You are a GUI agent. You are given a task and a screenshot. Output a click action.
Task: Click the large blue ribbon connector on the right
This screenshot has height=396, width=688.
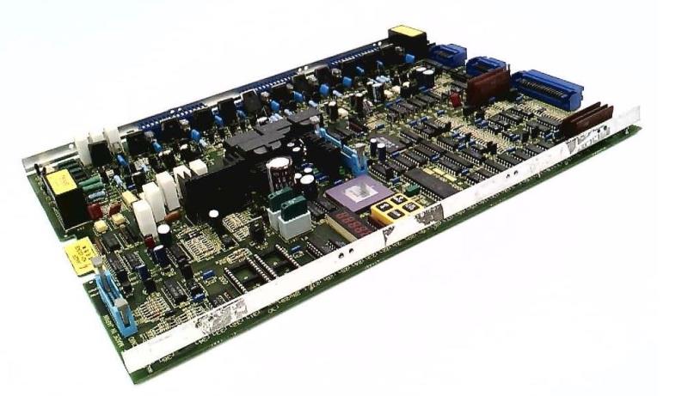(x=547, y=88)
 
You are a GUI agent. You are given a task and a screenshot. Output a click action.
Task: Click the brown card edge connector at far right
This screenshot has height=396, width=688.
(x=587, y=119)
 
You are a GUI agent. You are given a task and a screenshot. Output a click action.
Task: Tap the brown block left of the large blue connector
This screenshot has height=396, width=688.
(x=488, y=85)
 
